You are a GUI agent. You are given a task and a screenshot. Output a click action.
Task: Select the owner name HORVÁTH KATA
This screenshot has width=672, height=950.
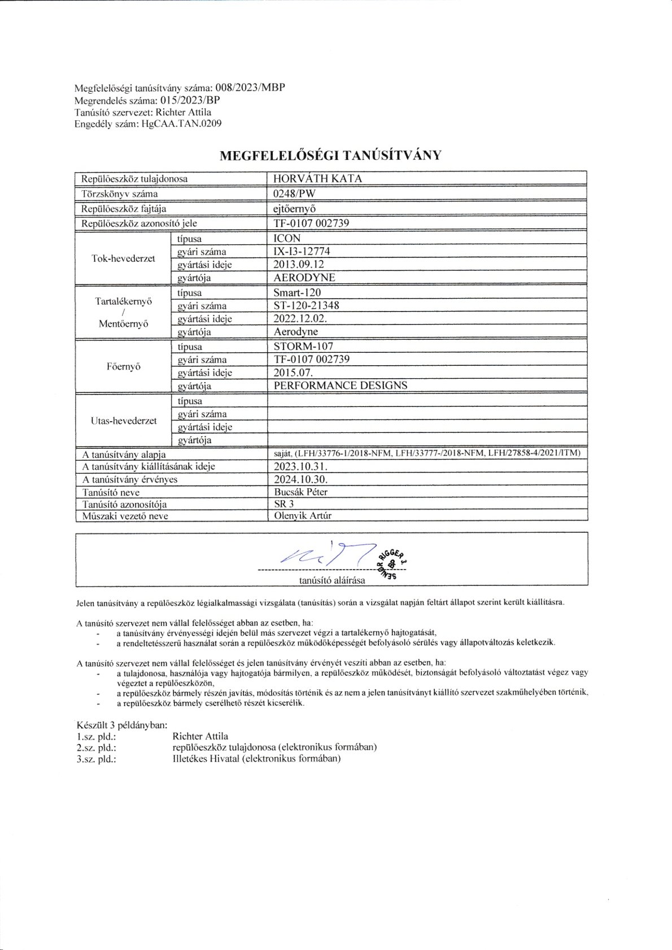(317, 179)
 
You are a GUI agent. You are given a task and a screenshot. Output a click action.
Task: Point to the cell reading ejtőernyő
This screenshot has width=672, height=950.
(294, 208)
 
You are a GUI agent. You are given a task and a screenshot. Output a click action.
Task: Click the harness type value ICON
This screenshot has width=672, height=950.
(287, 238)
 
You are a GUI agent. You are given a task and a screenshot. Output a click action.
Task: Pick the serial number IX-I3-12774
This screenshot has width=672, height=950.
(302, 251)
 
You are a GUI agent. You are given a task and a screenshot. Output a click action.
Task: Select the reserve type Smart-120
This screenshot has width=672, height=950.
(297, 292)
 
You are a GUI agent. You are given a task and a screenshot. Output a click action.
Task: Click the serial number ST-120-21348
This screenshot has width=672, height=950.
(306, 305)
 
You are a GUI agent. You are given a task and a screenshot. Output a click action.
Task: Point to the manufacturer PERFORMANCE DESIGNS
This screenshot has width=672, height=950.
(340, 386)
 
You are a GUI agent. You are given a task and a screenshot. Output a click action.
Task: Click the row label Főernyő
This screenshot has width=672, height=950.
(124, 366)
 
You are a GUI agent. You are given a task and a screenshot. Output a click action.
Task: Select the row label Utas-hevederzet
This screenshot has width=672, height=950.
(124, 421)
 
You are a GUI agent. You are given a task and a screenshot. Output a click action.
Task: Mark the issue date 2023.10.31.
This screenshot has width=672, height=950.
(300, 466)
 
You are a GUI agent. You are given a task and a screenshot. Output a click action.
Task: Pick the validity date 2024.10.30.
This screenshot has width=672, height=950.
(300, 479)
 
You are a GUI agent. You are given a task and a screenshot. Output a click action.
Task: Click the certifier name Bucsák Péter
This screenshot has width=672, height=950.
(300, 492)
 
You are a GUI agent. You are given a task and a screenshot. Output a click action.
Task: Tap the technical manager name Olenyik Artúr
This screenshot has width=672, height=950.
(303, 515)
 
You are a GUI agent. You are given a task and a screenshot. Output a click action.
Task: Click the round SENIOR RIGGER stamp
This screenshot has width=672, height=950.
(391, 563)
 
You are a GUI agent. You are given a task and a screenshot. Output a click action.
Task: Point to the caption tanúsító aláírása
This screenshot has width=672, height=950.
(332, 580)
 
